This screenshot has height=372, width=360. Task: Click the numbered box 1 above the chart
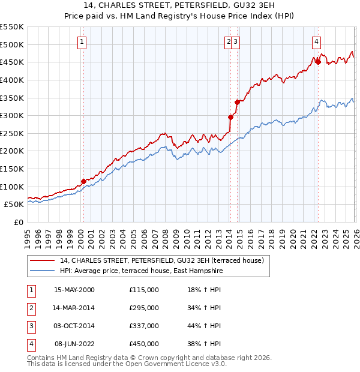[x=81, y=42]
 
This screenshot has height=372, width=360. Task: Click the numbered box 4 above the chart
[x=316, y=42]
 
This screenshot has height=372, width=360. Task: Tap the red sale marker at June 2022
[x=318, y=62]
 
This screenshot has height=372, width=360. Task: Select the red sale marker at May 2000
[x=83, y=181]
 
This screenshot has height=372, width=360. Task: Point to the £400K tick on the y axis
[x=13, y=80]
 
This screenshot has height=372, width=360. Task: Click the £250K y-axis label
[x=13, y=133]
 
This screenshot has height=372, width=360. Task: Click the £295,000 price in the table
[x=144, y=308]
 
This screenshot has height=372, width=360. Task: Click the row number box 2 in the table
[x=30, y=308]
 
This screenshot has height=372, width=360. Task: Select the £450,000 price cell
[x=144, y=344]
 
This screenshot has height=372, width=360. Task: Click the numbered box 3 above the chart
[x=236, y=42]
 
